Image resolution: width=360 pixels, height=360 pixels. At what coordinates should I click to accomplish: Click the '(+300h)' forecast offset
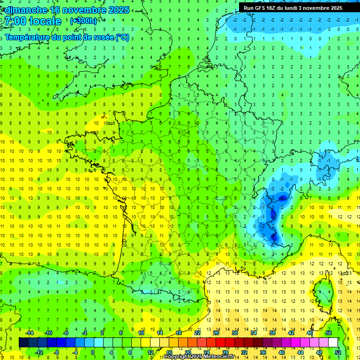pos(83,21)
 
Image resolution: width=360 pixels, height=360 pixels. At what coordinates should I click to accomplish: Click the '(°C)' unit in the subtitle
pos(122,37)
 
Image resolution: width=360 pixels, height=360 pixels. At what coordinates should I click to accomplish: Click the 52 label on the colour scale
pos(338,352)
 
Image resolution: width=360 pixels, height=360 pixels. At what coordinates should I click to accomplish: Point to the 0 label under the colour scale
pos(93,352)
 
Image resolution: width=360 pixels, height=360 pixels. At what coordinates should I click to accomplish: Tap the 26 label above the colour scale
pos(216,333)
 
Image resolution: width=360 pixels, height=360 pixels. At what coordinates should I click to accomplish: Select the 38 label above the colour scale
pos(272,333)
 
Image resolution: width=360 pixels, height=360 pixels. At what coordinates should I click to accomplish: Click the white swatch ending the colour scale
pos(333,343)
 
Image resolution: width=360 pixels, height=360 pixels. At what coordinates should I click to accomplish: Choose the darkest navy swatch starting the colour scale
pos(23,343)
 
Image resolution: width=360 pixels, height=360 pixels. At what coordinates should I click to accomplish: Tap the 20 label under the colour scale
pos(187,352)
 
